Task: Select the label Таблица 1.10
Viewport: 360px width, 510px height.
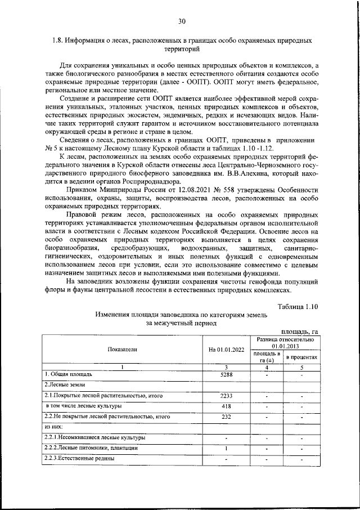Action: tap(299, 306)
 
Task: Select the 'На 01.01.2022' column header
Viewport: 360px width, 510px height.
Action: tap(227, 350)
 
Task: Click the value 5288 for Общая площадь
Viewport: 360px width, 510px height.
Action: tap(227, 374)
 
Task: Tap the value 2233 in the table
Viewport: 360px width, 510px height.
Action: tap(227, 396)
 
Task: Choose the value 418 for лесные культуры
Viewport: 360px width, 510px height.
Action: tap(227, 406)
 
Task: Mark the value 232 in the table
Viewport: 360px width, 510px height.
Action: tap(227, 417)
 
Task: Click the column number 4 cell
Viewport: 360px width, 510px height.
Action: tap(267, 366)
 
